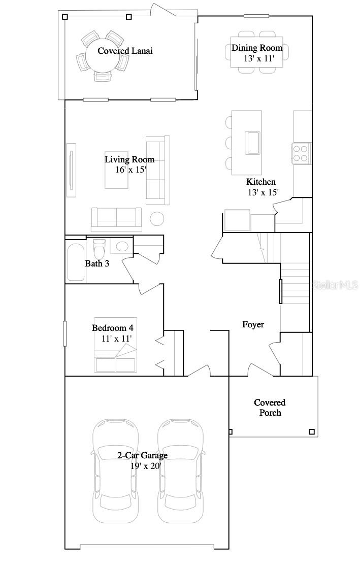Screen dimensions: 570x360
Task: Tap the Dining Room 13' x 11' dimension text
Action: point(259,58)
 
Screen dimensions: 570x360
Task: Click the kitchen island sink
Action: point(252,143)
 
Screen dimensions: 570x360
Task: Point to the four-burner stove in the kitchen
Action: point(301,153)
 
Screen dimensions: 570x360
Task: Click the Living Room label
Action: point(129,159)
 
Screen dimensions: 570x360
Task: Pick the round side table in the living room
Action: point(157,218)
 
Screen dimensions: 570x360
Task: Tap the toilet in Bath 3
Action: point(99,249)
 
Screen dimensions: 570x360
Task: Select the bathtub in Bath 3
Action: point(76,262)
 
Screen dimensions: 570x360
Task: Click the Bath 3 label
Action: point(96,263)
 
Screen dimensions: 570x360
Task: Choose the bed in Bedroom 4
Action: point(115,358)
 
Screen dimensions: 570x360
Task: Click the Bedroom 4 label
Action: point(112,328)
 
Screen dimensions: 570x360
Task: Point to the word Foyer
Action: point(253,324)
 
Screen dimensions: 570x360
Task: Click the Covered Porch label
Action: point(270,408)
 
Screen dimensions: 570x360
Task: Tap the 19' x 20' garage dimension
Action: point(145,466)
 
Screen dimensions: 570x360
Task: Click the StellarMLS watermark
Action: point(335,286)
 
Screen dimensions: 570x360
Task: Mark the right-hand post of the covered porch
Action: point(312,432)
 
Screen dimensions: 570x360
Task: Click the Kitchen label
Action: point(261,182)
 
